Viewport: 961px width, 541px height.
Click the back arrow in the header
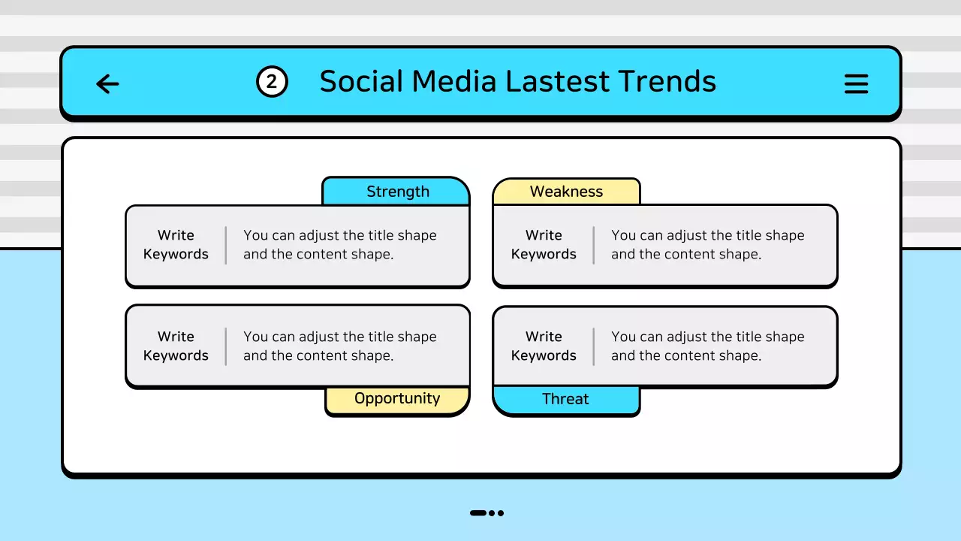(x=108, y=83)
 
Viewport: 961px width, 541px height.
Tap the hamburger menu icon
(x=856, y=83)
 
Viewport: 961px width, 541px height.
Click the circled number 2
(x=272, y=82)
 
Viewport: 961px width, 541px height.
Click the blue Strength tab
(x=396, y=192)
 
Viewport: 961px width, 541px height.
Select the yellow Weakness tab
(x=566, y=192)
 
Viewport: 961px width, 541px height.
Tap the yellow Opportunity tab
(x=397, y=399)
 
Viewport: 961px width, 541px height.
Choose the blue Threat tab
(x=565, y=400)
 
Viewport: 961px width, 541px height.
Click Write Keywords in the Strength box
(x=176, y=245)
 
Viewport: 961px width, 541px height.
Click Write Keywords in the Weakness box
(x=544, y=245)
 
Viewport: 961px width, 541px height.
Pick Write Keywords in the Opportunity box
(x=176, y=346)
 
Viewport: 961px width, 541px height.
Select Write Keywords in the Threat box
(x=544, y=346)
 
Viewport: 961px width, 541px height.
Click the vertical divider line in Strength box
(x=226, y=245)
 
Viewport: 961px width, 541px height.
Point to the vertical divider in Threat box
(x=594, y=346)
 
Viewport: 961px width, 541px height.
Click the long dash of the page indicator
(x=478, y=513)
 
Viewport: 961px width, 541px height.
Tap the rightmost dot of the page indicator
(x=501, y=513)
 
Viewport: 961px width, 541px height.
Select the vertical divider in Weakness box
(x=594, y=245)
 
